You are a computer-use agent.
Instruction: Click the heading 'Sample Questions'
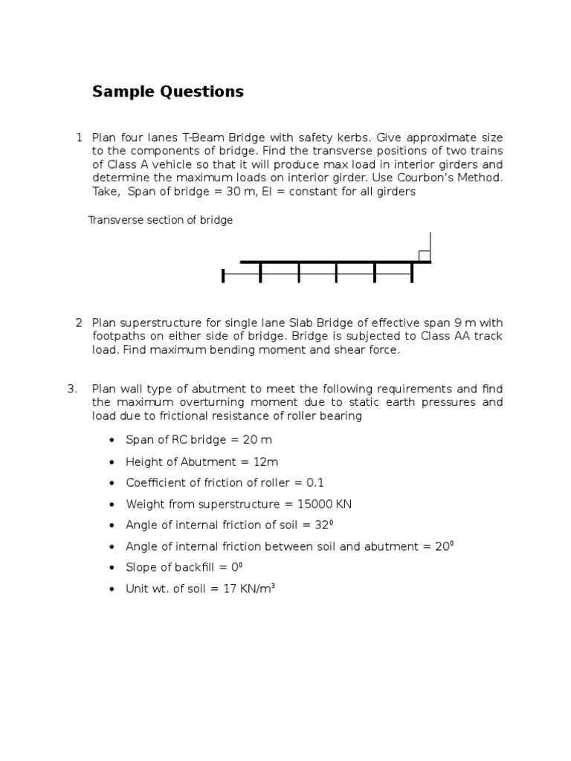(167, 92)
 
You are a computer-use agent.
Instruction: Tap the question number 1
(79, 137)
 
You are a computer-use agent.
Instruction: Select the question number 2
(79, 323)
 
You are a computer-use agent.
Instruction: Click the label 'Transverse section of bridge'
(161, 221)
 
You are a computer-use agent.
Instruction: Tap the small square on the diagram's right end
(424, 256)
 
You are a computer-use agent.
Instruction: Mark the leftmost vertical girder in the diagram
(223, 276)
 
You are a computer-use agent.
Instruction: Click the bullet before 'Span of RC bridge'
(112, 440)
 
